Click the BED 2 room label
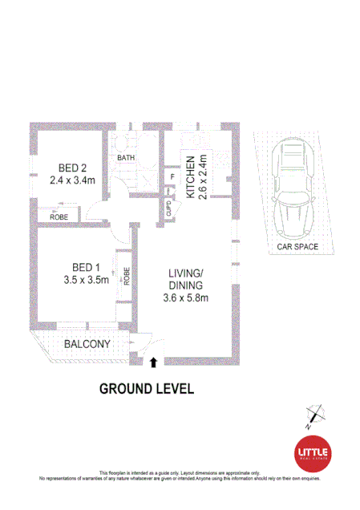pos(72,168)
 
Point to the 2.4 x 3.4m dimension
pos(72,181)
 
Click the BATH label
pos(126,158)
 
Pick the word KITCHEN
pos(191,178)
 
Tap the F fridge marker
pos(172,178)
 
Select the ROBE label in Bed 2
pos(59,217)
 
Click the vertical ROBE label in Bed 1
pos(126,276)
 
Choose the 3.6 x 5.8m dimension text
pos(186,298)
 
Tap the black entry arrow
pos(153,362)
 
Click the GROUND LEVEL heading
pos(146,389)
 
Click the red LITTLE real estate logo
pos(313,453)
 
